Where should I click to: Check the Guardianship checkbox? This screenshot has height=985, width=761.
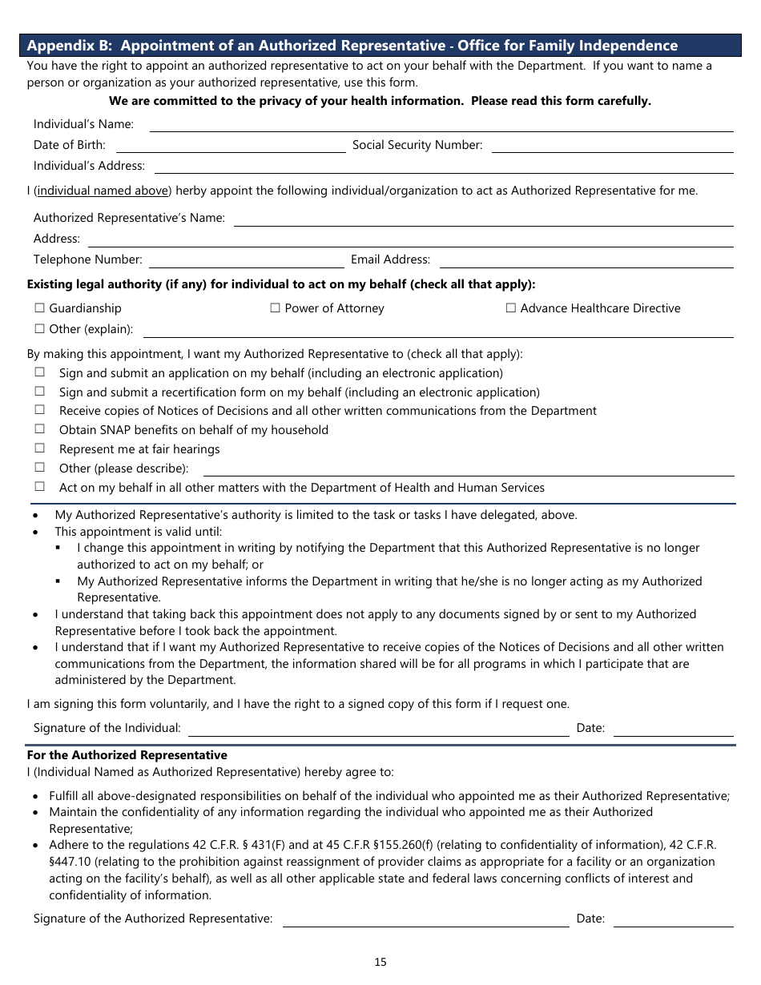[x=39, y=308]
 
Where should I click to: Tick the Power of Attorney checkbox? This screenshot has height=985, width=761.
[x=275, y=308]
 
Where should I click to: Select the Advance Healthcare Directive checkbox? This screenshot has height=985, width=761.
[x=510, y=308]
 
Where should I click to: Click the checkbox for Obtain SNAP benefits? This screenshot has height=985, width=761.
[x=39, y=429]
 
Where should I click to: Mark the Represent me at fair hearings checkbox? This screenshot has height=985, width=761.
[x=39, y=448]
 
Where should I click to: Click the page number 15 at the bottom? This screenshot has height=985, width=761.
[x=380, y=962]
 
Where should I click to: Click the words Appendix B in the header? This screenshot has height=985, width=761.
[x=68, y=46]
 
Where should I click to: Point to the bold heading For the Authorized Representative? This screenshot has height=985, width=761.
[x=127, y=755]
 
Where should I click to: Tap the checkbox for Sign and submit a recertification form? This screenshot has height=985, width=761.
[x=39, y=392]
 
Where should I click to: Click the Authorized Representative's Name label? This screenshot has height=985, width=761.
[x=129, y=218]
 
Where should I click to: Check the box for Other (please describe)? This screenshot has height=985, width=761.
[x=39, y=468]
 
